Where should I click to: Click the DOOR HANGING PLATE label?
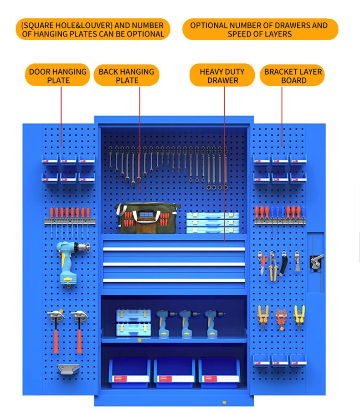click(57, 76)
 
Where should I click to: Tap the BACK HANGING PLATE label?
click(126, 76)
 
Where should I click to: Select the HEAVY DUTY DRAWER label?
click(222, 76)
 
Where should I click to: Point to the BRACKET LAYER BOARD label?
click(293, 76)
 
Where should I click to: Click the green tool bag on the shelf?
click(146, 218)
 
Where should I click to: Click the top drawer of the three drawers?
click(174, 249)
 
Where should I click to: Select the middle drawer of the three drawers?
click(174, 264)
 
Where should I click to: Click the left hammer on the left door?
click(56, 328)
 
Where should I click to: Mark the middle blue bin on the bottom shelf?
click(174, 372)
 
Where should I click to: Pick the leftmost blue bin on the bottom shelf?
click(129, 372)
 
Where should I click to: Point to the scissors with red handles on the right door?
click(262, 263)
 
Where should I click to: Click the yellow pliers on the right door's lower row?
click(299, 316)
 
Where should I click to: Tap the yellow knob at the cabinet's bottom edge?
click(224, 402)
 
